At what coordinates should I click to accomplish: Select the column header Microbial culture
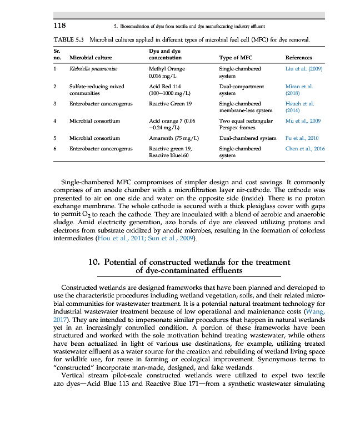pos(91,58)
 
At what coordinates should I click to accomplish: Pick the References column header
pos(298,58)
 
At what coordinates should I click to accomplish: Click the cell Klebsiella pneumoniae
pos(91,69)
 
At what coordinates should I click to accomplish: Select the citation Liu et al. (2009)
pos(304,69)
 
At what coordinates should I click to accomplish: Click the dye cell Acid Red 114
pos(165,87)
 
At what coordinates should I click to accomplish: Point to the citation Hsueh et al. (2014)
pos(299,107)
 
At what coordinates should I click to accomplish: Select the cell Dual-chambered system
pos(248,138)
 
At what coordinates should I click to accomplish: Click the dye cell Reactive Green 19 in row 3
pos(171,104)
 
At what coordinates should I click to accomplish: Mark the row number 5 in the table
pos(55,138)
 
